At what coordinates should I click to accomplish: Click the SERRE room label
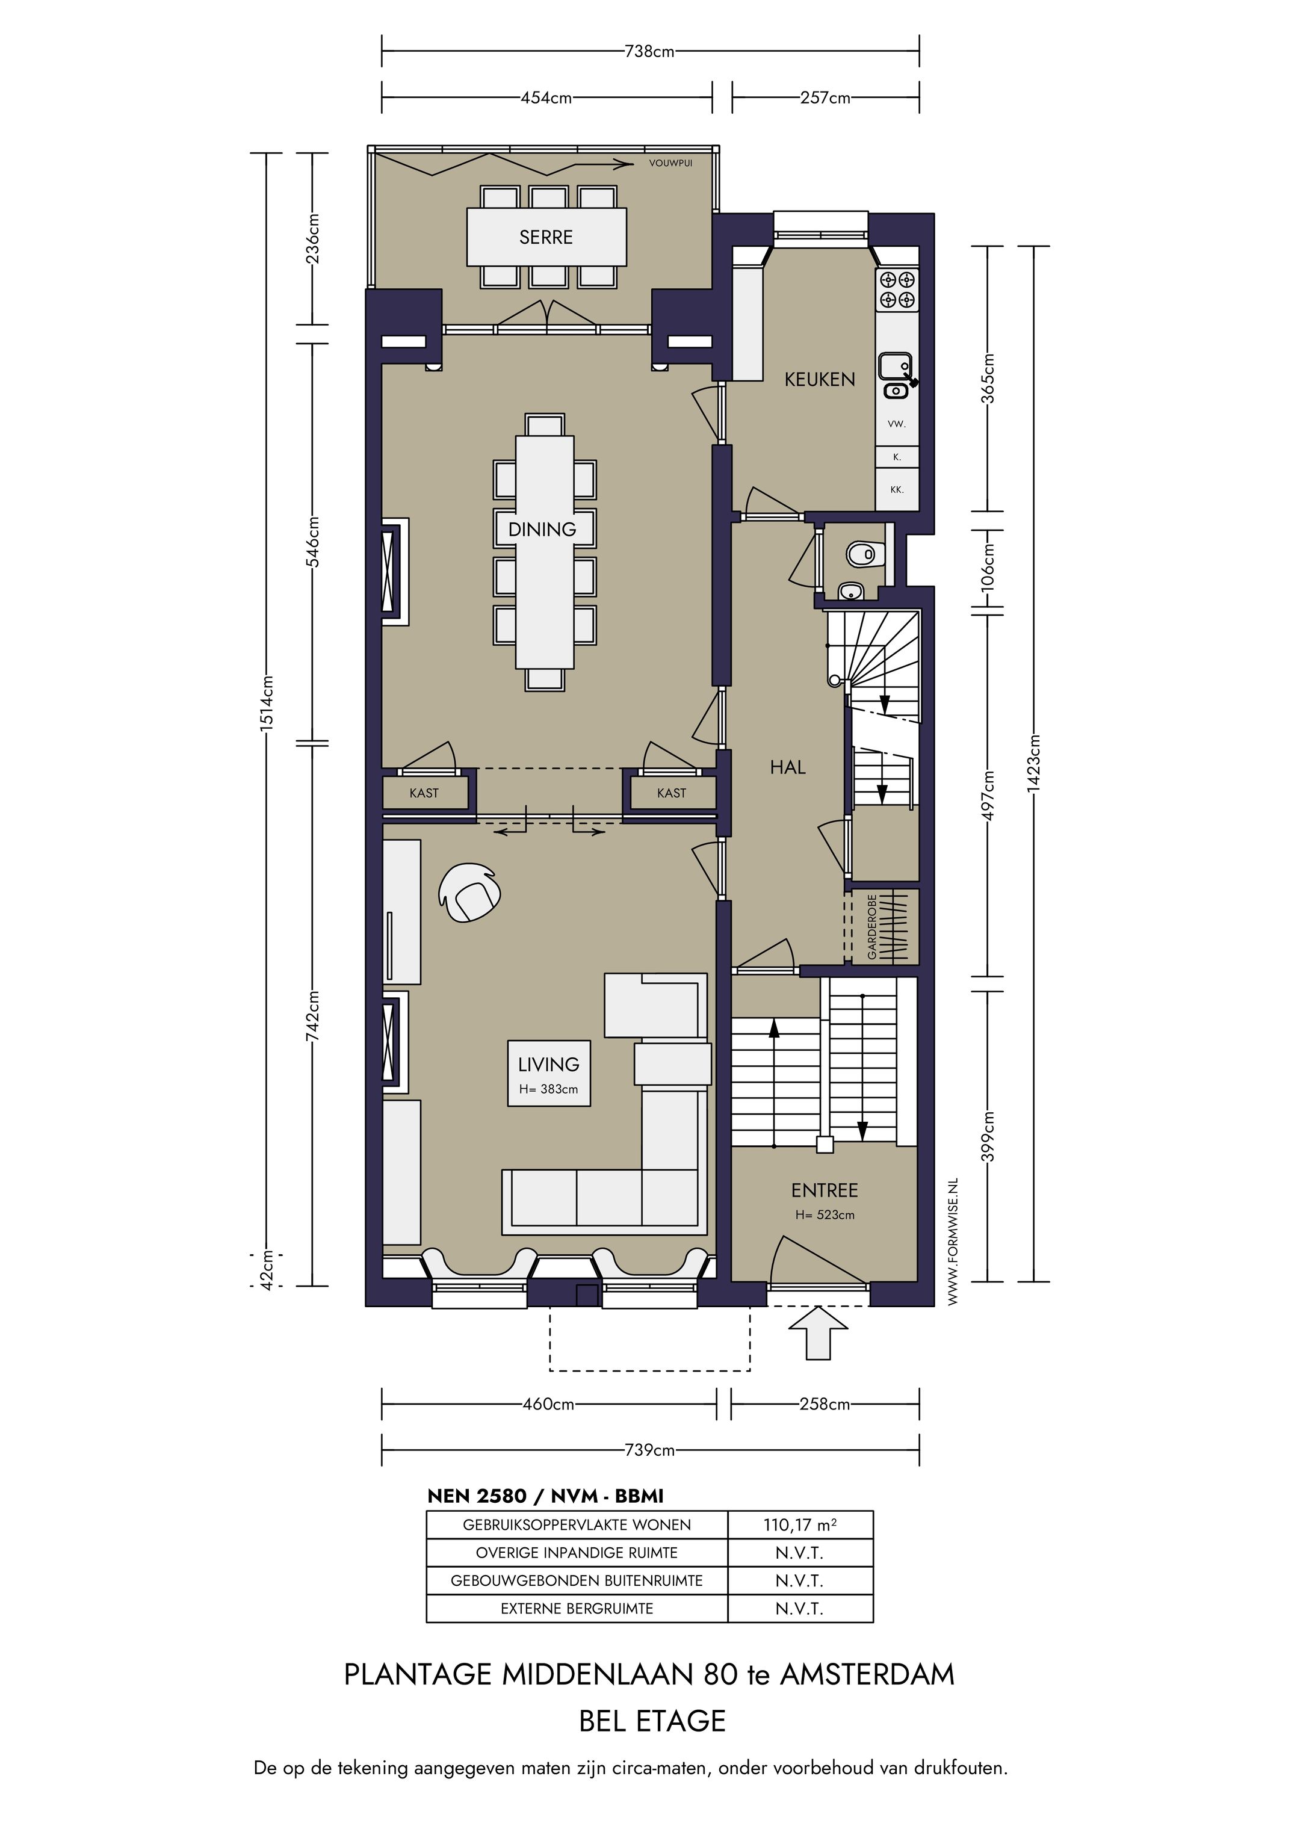[x=546, y=237]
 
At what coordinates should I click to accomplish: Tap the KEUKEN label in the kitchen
[x=820, y=379]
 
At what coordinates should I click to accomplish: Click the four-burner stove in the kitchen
[x=897, y=290]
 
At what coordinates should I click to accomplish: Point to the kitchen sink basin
[x=894, y=368]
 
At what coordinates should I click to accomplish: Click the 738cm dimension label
[x=649, y=52]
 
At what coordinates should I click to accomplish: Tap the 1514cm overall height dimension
[x=268, y=701]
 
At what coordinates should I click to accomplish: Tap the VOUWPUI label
[x=671, y=163]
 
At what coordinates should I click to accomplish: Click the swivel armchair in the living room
[x=470, y=893]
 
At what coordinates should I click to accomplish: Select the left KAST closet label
[x=424, y=793]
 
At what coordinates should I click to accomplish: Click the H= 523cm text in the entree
[x=825, y=1215]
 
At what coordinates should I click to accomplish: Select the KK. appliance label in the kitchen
[x=897, y=489]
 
